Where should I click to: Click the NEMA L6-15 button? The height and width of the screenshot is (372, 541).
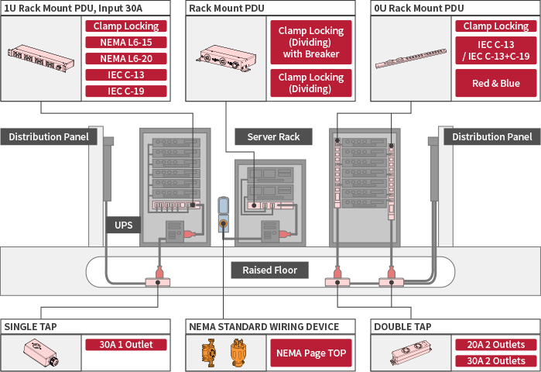(125, 42)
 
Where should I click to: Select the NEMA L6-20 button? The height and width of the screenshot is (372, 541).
(125, 58)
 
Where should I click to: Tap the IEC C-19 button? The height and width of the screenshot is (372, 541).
(125, 91)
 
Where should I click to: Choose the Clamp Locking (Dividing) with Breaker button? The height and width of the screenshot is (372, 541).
(310, 43)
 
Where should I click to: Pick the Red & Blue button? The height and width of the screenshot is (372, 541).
(495, 84)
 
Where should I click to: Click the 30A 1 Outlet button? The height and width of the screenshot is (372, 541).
(125, 345)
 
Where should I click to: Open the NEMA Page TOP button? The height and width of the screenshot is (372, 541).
(310, 353)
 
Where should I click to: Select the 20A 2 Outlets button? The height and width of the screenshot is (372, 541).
(495, 345)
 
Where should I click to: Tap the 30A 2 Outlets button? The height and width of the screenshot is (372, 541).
(495, 361)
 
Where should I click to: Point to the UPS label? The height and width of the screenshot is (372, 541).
(123, 226)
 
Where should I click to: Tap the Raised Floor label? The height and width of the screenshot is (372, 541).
(270, 270)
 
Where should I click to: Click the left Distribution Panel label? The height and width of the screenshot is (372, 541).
(46, 136)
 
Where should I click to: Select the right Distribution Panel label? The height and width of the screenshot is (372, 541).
(492, 136)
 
